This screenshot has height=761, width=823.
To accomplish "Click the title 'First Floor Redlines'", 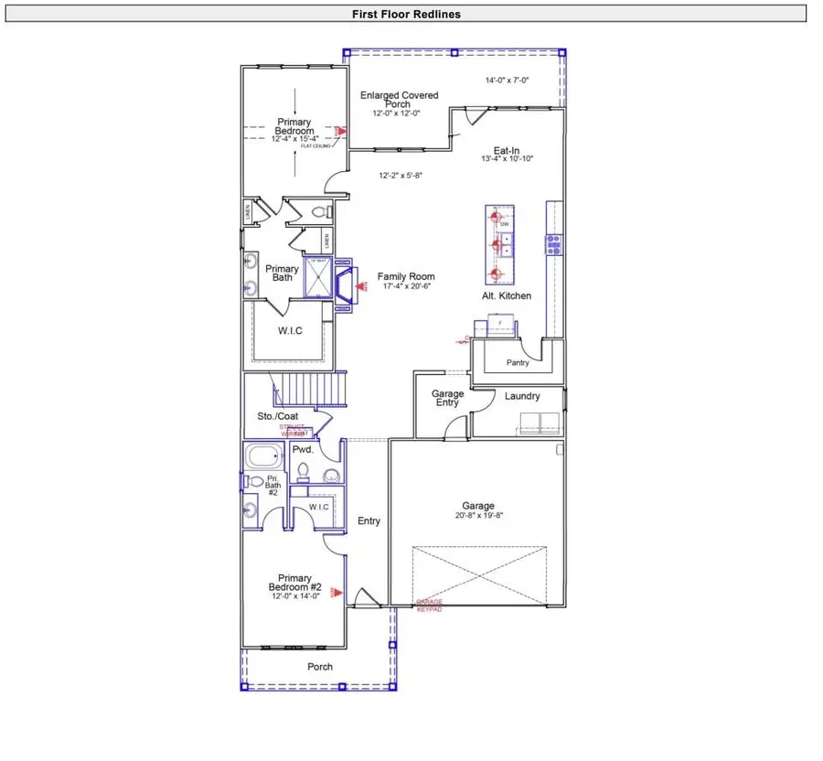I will (406, 14).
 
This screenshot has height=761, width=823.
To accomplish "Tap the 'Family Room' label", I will (406, 276).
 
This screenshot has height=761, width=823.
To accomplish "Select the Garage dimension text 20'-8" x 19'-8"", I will (477, 516).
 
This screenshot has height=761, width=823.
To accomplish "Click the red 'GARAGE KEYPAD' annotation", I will (429, 606).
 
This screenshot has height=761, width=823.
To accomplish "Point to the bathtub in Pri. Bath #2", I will (265, 456).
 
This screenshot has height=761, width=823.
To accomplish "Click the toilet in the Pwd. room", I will (303, 473).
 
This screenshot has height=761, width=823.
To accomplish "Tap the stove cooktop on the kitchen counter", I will (553, 243).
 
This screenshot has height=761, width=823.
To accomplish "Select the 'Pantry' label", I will (517, 363).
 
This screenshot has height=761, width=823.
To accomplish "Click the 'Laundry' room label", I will (522, 396).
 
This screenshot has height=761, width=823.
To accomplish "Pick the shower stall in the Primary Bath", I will (316, 279).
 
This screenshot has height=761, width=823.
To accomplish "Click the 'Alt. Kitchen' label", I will (507, 296).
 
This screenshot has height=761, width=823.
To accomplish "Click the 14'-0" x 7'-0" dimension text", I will (507, 80).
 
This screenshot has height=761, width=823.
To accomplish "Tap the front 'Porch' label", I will (319, 667).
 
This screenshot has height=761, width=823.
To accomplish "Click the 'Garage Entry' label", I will (447, 399).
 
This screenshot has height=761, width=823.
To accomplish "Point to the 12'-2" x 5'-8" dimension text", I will (401, 175).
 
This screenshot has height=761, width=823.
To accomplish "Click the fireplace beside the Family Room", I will (343, 285).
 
